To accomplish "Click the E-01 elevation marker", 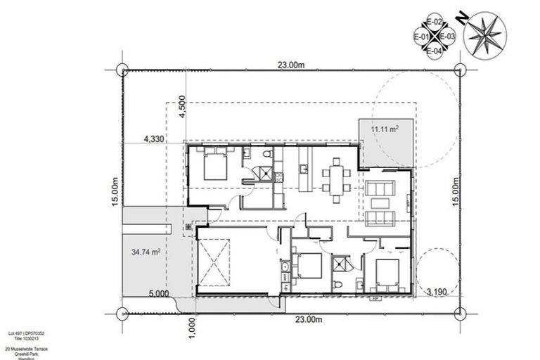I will click(421, 37).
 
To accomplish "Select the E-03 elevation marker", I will click(449, 37).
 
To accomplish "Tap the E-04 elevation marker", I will click(435, 50).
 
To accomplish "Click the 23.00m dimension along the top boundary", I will click(290, 65).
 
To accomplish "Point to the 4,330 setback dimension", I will click(153, 139).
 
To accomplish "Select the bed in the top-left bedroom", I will click(214, 167).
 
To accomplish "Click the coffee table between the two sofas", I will click(381, 196).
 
